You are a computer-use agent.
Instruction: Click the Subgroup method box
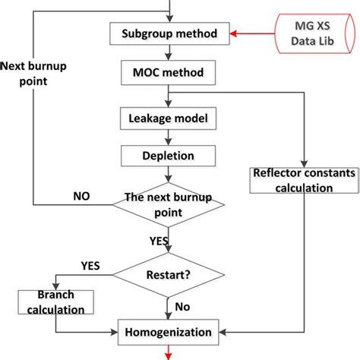click(169, 34)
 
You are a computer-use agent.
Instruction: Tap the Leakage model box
click(169, 118)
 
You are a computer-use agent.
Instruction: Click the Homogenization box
click(169, 331)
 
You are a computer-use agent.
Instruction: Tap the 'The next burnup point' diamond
click(169, 206)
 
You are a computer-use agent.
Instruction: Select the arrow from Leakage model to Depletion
click(169, 137)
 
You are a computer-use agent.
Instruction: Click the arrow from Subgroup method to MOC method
click(169, 54)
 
